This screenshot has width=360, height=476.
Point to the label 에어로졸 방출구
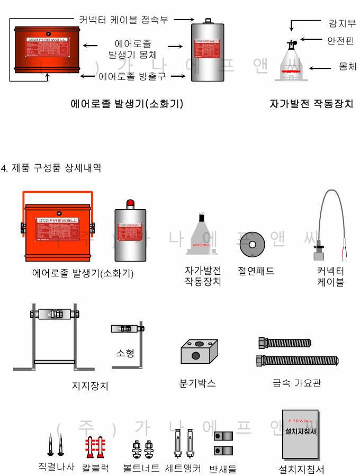pyautogui.click(x=132, y=76)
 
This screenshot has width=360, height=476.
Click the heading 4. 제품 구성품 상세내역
pyautogui.click(x=51, y=168)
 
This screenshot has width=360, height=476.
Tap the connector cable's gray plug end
pyautogui.click(x=319, y=256)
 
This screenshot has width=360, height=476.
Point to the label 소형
pyautogui.click(x=124, y=353)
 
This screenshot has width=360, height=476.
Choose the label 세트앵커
pyautogui.click(x=183, y=469)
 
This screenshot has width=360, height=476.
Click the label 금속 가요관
pyautogui.click(x=297, y=383)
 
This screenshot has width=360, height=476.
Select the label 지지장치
pyautogui.click(x=90, y=385)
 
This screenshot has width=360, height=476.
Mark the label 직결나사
pyautogui.click(x=57, y=467)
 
